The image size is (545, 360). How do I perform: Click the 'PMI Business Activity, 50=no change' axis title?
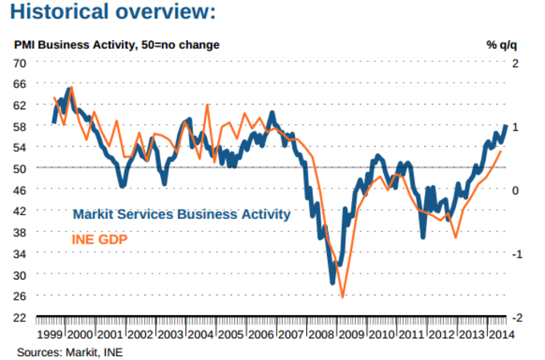tap(116, 44)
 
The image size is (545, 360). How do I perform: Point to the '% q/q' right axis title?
tap(503, 44)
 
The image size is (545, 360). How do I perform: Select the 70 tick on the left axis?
tap(21, 63)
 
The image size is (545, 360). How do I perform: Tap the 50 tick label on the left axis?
tap(21, 168)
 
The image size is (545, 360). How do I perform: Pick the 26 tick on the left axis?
tap(21, 296)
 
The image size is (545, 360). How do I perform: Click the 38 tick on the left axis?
tap(21, 233)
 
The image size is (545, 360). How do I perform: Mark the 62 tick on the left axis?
tap(21, 105)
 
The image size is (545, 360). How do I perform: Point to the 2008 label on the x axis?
tap(321, 334)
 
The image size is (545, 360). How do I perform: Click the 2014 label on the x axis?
tap(500, 334)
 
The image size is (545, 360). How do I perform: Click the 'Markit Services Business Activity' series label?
tap(181, 215)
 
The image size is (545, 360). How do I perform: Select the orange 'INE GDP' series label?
tap(100, 238)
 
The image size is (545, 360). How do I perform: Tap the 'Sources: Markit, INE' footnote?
tap(71, 351)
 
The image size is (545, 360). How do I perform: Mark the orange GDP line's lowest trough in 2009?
tap(343, 297)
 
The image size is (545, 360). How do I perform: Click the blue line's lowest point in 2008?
tap(333, 282)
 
